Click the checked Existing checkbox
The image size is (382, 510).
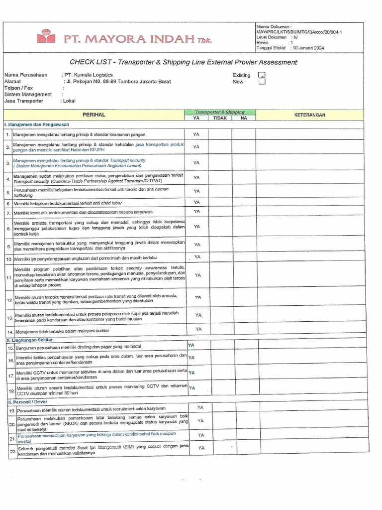tap(261, 76)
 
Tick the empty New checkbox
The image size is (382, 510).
tap(261, 82)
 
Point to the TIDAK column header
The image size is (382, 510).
tap(220, 118)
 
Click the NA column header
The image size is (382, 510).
tap(244, 118)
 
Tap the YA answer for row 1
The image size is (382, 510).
tap(196, 134)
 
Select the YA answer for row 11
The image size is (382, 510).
tap(197, 275)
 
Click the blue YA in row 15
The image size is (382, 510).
tap(191, 345)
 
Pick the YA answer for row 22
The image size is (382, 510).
tap(201, 448)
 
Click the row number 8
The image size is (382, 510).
tap(8, 229)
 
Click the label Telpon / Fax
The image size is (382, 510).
tap(19, 88)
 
